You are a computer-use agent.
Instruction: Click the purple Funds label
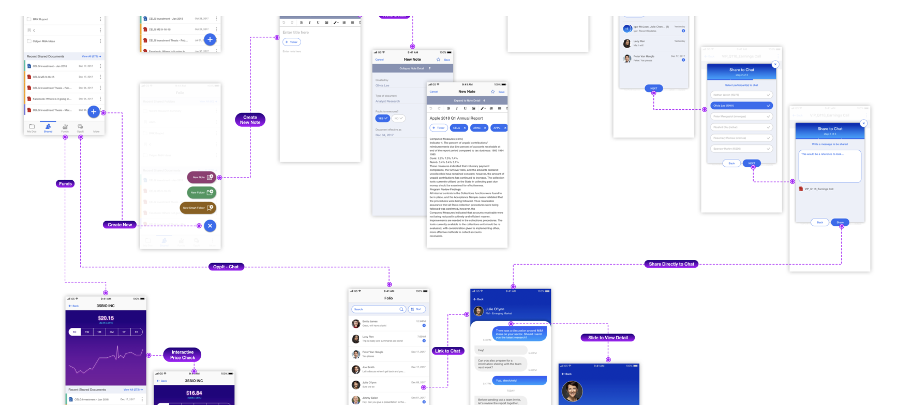(x=65, y=184)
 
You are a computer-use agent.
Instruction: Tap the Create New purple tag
(x=119, y=225)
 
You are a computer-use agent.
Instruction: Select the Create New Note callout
(x=250, y=120)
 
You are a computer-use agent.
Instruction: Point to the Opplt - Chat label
(x=226, y=267)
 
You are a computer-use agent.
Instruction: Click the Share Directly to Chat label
(x=671, y=264)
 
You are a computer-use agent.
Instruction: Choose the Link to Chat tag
(x=447, y=351)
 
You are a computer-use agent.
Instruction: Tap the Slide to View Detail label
(x=608, y=338)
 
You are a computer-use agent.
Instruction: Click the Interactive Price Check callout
(x=183, y=355)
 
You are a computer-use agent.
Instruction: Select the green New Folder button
(x=201, y=193)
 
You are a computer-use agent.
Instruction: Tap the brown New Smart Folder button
(x=198, y=208)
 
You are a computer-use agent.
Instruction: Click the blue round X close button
(x=210, y=226)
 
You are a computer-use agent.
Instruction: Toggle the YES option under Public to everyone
(x=382, y=119)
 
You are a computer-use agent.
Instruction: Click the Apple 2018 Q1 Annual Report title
(x=456, y=118)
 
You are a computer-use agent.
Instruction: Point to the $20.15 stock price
(x=106, y=318)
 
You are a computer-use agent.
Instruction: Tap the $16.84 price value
(x=194, y=393)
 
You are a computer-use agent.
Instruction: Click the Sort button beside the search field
(x=417, y=309)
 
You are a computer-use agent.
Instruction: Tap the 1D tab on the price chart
(x=74, y=332)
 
